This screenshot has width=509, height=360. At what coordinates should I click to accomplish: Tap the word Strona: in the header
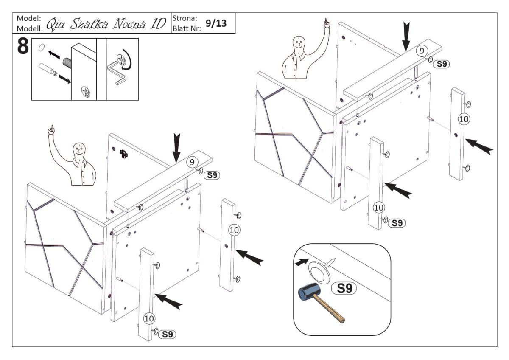point(184,19)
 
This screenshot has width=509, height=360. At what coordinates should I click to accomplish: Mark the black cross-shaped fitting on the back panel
point(123,155)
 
